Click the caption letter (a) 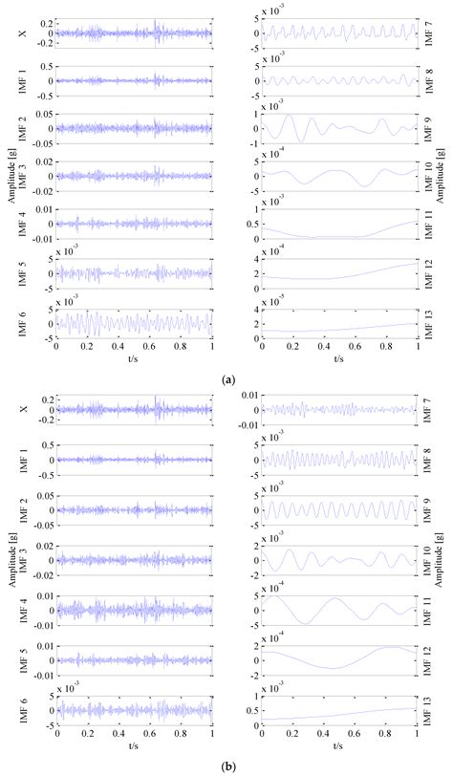[227, 379]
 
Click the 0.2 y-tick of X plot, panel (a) [44, 21]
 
